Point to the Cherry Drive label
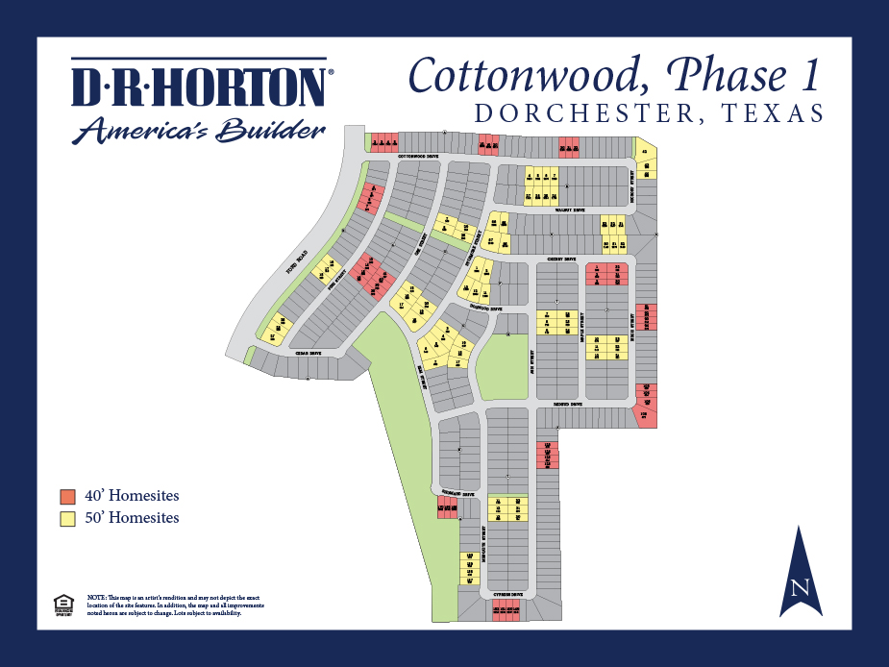click(x=561, y=259)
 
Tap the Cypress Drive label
click(x=508, y=595)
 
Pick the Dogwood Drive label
click(x=484, y=309)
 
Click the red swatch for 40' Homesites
click(x=67, y=497)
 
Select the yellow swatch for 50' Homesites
click(x=67, y=519)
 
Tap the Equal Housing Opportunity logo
click(x=63, y=604)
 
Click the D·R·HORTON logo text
click(x=199, y=87)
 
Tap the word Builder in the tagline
click(x=272, y=130)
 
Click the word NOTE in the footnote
click(x=95, y=598)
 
